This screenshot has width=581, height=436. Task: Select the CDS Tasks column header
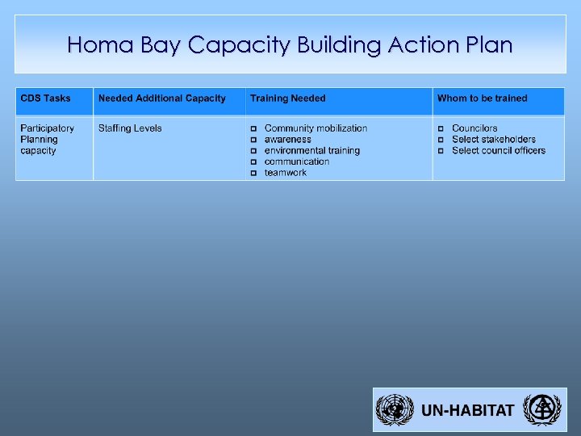[x=45, y=99]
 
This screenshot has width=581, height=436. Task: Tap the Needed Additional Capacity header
[x=161, y=99]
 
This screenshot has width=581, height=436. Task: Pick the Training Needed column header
[x=287, y=99]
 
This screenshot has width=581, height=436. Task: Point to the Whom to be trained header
[x=482, y=99]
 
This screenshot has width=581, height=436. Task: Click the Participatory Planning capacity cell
[x=47, y=139]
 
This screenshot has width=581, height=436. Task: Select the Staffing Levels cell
[x=130, y=128]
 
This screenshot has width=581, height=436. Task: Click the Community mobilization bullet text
[x=316, y=128]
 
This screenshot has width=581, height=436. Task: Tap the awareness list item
[x=287, y=140]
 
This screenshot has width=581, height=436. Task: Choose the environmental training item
[x=311, y=150]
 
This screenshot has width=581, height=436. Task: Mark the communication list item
[x=297, y=161]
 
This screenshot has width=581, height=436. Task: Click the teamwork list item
[x=286, y=173]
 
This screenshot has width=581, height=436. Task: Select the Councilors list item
[x=474, y=128]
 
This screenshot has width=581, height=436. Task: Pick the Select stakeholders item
[x=494, y=140]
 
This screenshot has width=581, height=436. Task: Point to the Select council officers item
[x=499, y=150]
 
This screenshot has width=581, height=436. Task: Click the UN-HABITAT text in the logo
[x=467, y=410]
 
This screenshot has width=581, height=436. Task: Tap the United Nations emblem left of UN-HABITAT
[x=395, y=409]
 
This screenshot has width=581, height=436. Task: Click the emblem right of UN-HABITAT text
[x=540, y=409]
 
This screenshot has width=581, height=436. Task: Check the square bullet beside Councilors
[x=441, y=129]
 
